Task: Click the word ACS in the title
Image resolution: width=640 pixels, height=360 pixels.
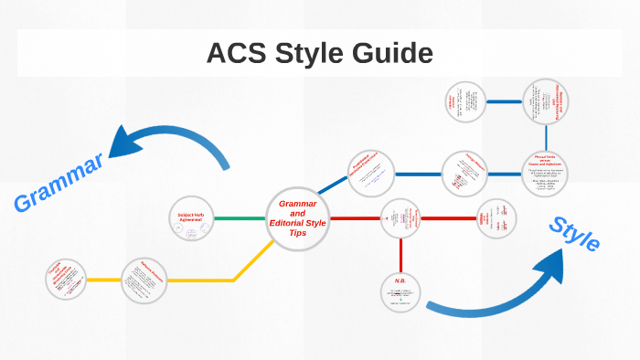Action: [239, 54]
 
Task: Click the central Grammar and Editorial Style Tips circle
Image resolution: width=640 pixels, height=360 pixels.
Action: [298, 218]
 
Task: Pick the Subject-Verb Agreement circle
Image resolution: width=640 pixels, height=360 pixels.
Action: [192, 219]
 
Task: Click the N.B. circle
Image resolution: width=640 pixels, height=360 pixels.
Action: [401, 291]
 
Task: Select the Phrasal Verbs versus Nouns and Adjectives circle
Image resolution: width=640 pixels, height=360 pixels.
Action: [546, 173]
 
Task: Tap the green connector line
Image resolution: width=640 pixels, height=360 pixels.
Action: [240, 219]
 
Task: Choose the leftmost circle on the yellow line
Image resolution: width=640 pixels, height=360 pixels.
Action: [66, 280]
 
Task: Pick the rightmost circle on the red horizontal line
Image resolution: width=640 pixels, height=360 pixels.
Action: [497, 219]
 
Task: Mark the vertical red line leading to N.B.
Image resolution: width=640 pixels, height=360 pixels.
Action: [401, 256]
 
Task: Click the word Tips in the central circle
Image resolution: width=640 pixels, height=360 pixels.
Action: [298, 234]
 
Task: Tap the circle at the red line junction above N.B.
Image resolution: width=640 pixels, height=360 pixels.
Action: [401, 219]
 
